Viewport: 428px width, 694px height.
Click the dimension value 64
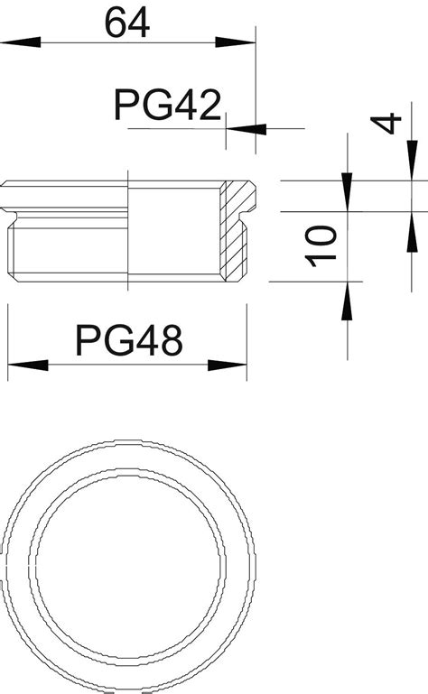tap(126, 23)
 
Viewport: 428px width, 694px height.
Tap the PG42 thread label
tap(167, 105)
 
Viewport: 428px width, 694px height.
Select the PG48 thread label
tap(129, 340)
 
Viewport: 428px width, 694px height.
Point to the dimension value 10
tap(321, 246)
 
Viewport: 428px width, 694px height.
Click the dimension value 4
tap(386, 124)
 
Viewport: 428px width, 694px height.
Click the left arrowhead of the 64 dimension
tap(21, 42)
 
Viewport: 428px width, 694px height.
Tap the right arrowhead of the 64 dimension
tap(236, 42)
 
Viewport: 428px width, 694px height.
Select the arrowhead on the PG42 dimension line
tap(246, 129)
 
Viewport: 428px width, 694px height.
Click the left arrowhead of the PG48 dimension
tap(28, 366)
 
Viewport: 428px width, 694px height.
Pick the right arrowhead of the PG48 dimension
tap(227, 366)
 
